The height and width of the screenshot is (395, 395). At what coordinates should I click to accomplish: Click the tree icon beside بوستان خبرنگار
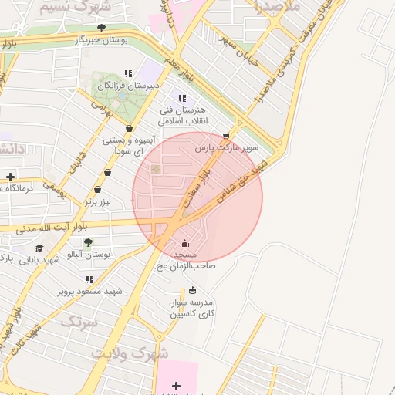pos(101,29)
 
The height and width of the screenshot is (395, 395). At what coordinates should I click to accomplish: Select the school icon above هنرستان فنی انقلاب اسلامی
pos(182,98)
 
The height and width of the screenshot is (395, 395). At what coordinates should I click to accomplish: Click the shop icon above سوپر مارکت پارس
pos(226,135)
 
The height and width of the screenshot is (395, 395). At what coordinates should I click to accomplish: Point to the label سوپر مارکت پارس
pos(226,147)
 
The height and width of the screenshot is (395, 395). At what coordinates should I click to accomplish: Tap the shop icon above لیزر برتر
pos(97,190)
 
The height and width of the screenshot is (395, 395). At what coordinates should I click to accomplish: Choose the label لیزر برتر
pos(98,202)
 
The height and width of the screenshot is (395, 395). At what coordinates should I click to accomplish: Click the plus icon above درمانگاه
pos(10,177)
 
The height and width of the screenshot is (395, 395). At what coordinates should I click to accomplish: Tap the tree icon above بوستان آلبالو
pos(88,242)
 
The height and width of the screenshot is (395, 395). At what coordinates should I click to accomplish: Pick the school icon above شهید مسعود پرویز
pos(89,279)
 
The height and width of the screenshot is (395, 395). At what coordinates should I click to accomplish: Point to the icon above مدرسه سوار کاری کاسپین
pos(192,290)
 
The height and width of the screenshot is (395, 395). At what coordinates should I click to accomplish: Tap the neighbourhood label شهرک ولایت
pos(130,353)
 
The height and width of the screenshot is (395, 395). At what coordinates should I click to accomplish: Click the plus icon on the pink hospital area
pos(176,385)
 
